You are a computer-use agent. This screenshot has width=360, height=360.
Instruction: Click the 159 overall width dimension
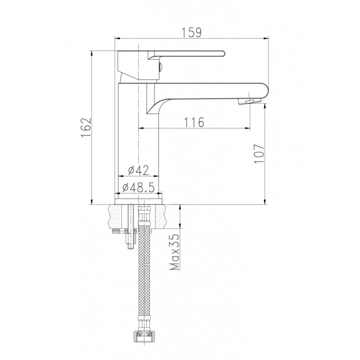click(x=193, y=32)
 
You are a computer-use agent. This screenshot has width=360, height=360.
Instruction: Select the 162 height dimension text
click(x=86, y=128)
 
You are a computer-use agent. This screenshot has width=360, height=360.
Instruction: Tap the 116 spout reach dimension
click(x=194, y=122)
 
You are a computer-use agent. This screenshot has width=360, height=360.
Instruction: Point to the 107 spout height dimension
click(x=259, y=153)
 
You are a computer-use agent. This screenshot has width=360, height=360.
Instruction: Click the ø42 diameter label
click(x=139, y=170)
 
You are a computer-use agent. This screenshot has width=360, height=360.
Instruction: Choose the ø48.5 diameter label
click(x=138, y=188)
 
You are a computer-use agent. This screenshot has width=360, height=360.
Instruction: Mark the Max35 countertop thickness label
click(x=174, y=252)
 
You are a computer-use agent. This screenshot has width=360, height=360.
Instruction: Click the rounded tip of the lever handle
click(x=223, y=54)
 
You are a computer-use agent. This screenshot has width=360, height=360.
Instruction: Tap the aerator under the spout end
click(x=250, y=101)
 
